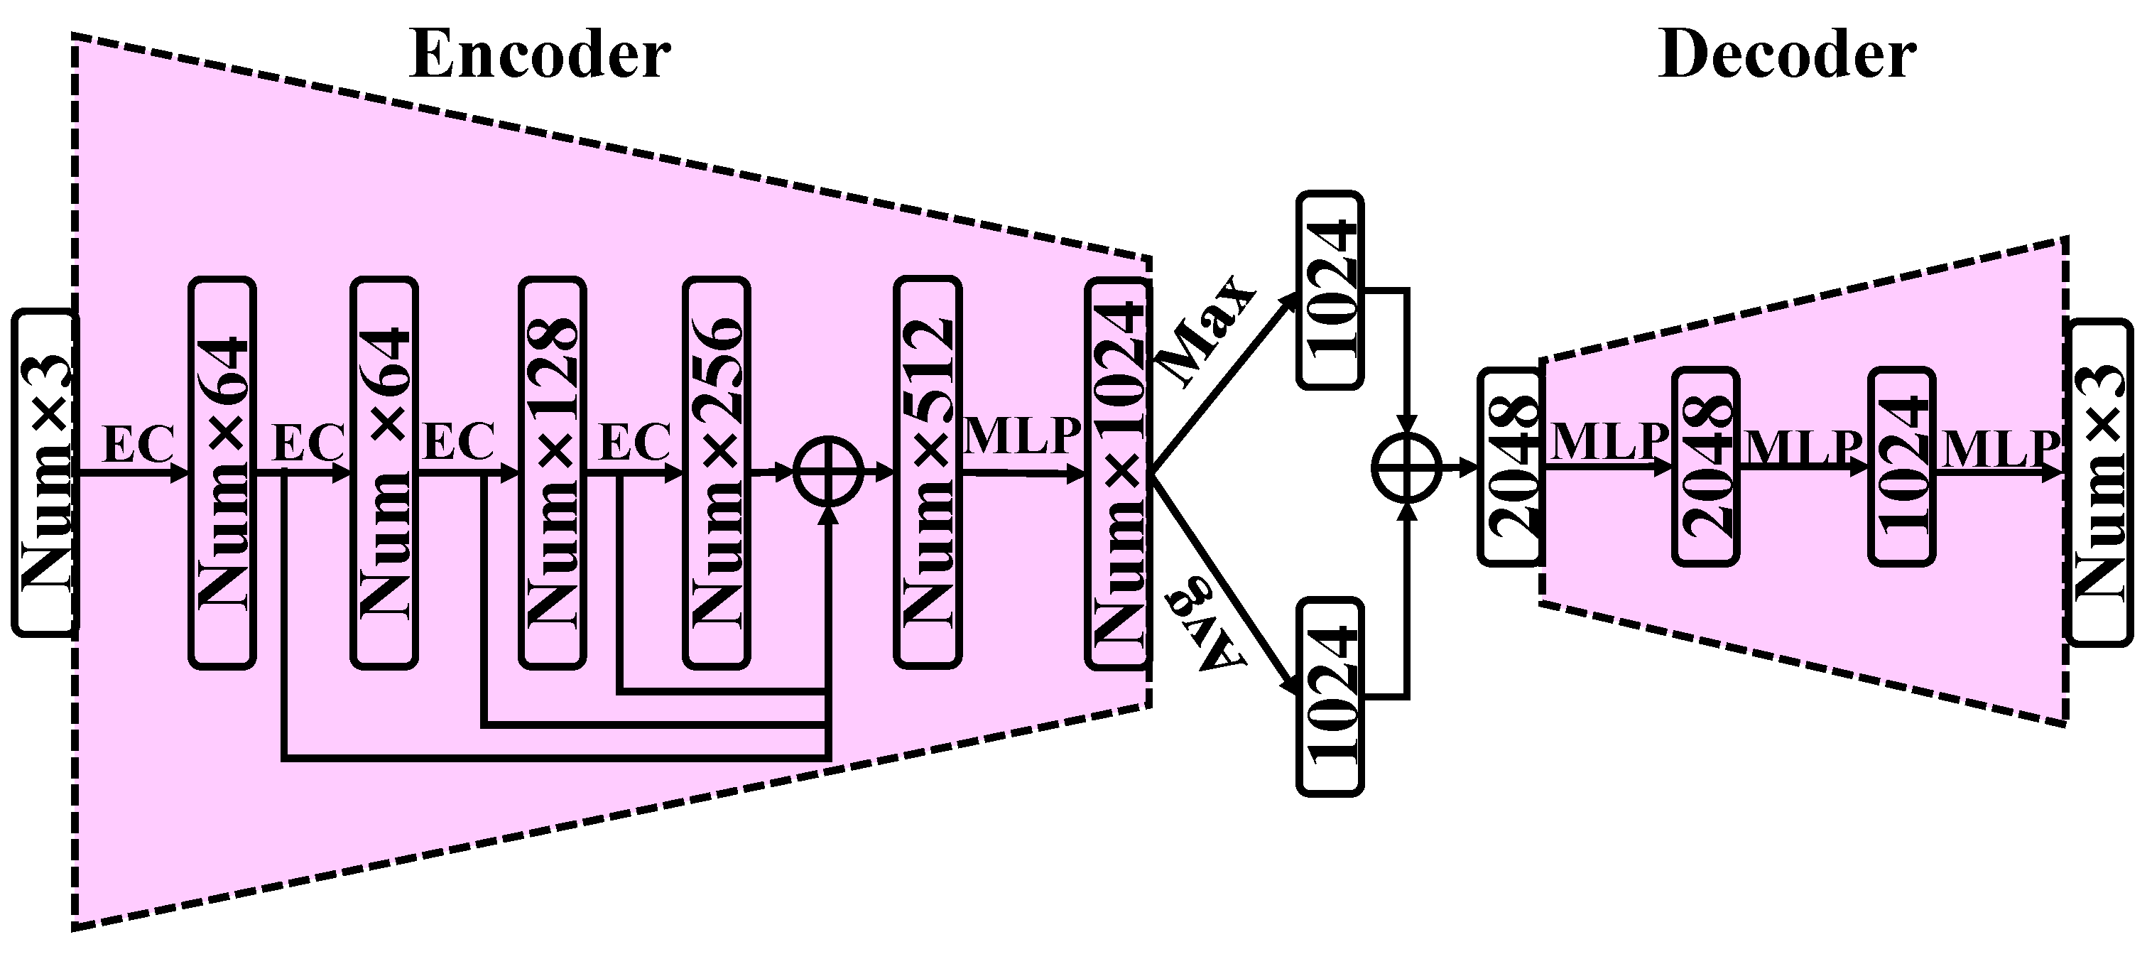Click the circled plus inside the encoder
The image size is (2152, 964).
click(827, 471)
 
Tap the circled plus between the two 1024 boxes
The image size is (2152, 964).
click(1408, 468)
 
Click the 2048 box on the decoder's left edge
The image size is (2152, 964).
click(1509, 467)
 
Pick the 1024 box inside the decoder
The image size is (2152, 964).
click(1901, 467)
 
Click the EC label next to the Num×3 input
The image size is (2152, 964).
click(138, 443)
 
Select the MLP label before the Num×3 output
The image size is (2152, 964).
click(2001, 450)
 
